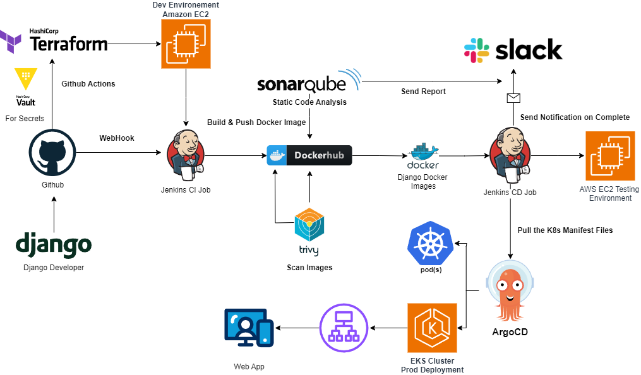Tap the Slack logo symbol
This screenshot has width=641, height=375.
click(477, 51)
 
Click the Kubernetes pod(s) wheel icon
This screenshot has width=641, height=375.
click(431, 243)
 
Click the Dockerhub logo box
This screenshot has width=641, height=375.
click(309, 155)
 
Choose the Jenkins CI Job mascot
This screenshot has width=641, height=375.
click(186, 154)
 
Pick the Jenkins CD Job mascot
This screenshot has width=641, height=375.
click(510, 154)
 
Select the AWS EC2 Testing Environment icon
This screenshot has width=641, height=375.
click(609, 155)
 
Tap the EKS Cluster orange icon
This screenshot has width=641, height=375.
click(432, 328)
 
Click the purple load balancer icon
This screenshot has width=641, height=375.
click(344, 328)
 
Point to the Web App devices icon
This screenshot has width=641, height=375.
click(249, 328)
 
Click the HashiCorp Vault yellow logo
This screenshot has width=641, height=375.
click(25, 79)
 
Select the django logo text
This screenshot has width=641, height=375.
click(54, 245)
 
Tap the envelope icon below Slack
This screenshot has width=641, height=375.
click(513, 97)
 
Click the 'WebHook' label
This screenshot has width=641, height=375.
click(117, 138)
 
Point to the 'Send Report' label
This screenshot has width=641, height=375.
click(423, 92)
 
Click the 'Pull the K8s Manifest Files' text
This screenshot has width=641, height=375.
click(565, 230)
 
